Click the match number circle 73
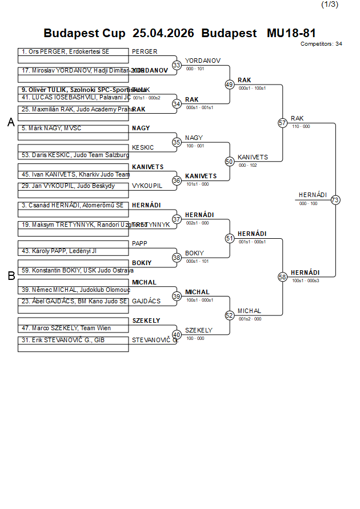click(x=335, y=200)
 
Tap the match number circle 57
click(x=282, y=123)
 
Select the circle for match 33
click(x=177, y=65)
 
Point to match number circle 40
click(x=177, y=335)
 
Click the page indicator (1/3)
click(x=330, y=5)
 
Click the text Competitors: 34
click(x=321, y=43)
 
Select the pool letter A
click(x=11, y=123)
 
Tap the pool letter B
click(x=11, y=276)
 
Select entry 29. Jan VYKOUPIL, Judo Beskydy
click(x=68, y=186)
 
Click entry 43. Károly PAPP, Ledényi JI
click(x=59, y=251)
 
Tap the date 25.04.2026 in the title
click(x=163, y=33)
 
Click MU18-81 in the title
click(x=291, y=33)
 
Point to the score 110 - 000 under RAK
click(x=301, y=126)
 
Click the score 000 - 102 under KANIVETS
click(x=247, y=165)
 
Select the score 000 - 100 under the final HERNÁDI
click(x=309, y=203)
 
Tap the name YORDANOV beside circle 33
click(x=202, y=61)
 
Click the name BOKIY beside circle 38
click(x=194, y=253)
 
